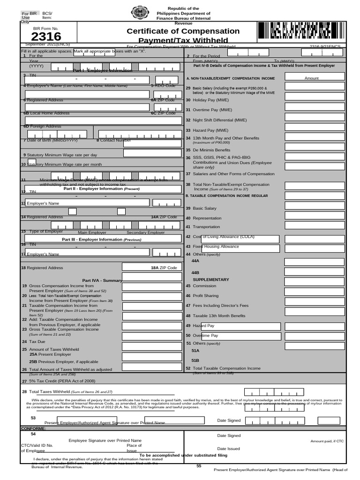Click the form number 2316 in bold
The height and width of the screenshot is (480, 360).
click(46, 36)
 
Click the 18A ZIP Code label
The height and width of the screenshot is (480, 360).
click(164, 268)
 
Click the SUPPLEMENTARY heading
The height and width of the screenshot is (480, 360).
click(211, 279)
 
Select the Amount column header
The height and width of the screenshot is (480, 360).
click(311, 78)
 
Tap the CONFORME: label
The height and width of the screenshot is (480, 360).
click(33, 428)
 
